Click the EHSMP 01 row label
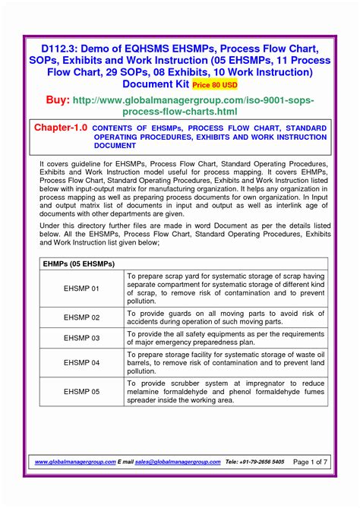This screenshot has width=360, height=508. [81, 289]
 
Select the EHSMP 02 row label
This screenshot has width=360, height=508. [81, 317]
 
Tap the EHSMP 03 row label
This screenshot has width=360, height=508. [81, 338]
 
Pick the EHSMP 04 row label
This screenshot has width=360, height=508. [81, 363]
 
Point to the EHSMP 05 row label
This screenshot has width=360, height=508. [81, 392]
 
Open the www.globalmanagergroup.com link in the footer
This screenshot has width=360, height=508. [75, 462]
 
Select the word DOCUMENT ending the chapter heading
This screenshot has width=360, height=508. [114, 145]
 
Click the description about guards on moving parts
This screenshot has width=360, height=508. [226, 317]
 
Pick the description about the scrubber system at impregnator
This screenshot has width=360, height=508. [226, 392]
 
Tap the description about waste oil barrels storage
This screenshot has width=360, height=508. [226, 363]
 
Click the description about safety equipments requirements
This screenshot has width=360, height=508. [226, 338]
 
